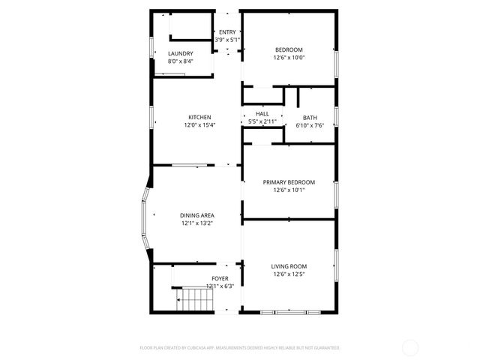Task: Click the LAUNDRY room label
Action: (181, 53)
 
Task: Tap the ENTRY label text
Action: (227, 32)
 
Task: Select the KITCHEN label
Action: (199, 117)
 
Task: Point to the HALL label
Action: (262, 114)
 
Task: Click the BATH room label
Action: (310, 118)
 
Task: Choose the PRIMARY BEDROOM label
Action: (289, 182)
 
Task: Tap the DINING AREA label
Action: (197, 215)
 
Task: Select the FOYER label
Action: (220, 278)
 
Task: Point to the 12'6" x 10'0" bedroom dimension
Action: (289, 58)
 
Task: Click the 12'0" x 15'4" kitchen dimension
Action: (199, 125)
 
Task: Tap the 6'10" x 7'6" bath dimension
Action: (310, 126)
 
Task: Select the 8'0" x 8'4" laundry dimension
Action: (181, 61)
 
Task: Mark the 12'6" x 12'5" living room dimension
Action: (289, 274)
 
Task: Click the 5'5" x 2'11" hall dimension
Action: (262, 121)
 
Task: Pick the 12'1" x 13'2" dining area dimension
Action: (197, 223)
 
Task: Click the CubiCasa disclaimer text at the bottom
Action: (240, 348)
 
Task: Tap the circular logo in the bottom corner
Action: (410, 347)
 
